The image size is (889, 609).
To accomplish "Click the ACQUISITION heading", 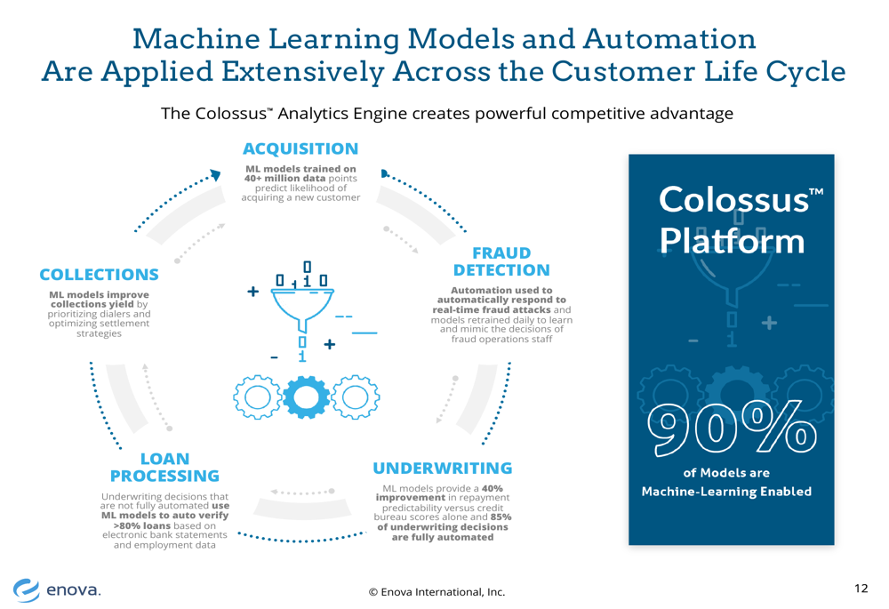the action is click(300, 148).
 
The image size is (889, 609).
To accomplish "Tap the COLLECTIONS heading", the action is click(100, 275).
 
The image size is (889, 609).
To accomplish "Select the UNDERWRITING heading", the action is click(442, 469).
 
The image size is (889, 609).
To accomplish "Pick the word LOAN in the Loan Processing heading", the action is click(165, 459).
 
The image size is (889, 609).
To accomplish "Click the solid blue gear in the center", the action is click(306, 397).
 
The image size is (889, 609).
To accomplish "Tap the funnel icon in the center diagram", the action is click(302, 309).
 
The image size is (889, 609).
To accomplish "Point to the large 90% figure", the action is click(733, 429).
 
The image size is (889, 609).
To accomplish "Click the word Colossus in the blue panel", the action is click(733, 200).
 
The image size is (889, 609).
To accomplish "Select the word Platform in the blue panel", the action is click(732, 241).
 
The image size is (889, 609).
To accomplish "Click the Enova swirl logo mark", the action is click(27, 589).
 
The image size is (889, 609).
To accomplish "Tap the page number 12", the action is click(861, 588).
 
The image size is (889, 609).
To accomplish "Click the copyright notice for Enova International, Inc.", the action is click(436, 592).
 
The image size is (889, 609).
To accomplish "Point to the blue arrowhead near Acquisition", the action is click(215, 174).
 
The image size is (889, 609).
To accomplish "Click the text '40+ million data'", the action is click(284, 178).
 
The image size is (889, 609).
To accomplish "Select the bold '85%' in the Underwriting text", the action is click(501, 517).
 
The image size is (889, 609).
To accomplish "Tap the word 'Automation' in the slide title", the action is click(669, 39).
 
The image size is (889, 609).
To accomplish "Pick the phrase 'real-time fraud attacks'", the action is click(492, 309).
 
